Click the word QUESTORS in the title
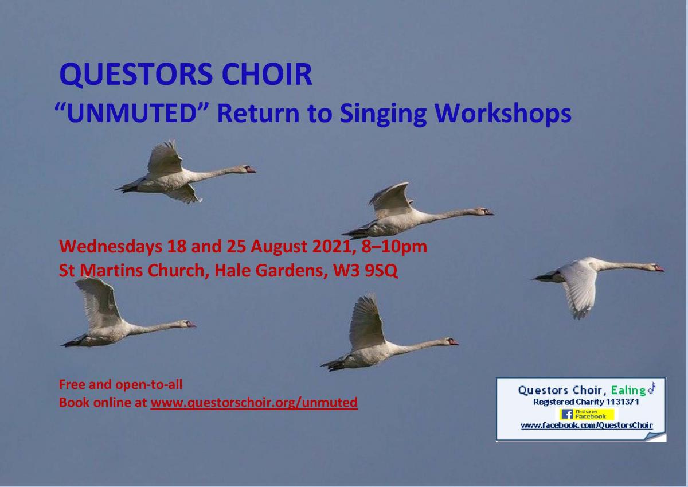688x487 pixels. pos(135,74)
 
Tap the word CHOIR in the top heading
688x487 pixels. pos(267,74)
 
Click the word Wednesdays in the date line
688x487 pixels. pos(111,247)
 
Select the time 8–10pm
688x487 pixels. pos(394,247)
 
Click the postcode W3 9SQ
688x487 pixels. pos(365,271)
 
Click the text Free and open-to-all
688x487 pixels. pos(121,384)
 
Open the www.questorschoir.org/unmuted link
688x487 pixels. pos(253,403)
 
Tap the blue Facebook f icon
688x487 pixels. pos(567,415)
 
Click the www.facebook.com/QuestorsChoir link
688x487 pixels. pos(587,426)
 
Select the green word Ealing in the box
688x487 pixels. pos(628,391)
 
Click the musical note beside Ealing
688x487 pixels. pos(651,388)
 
